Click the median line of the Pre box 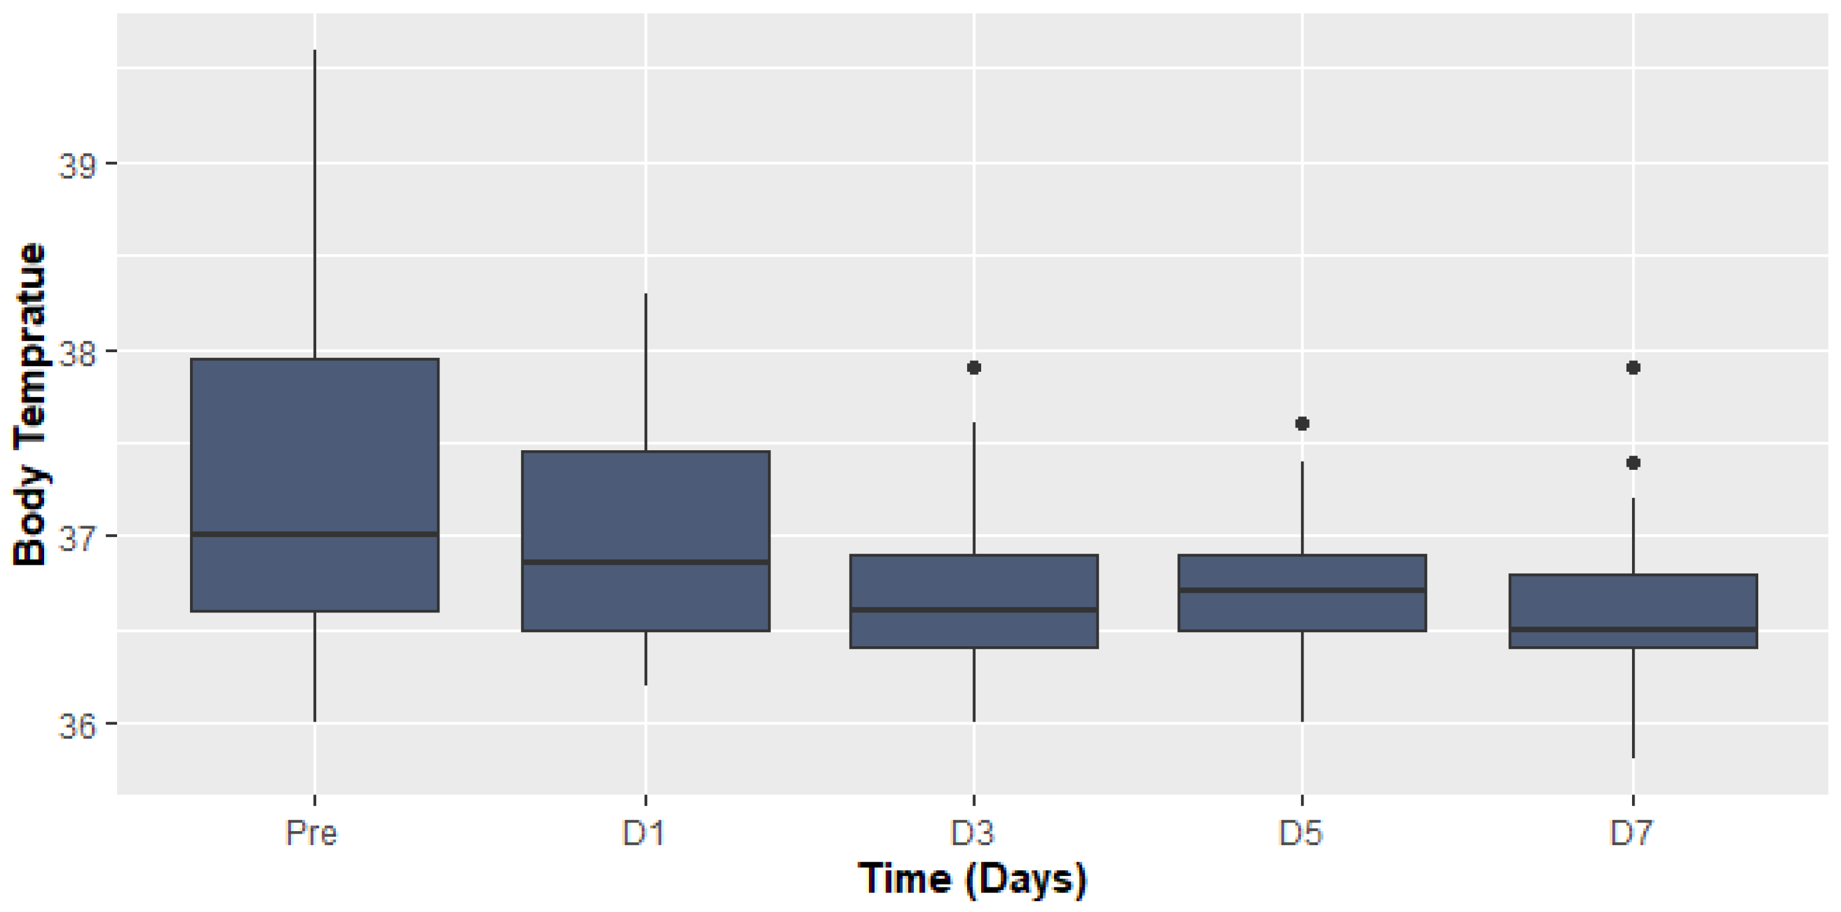pos(314,533)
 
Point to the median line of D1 pos(645,562)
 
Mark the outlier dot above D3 pos(973,367)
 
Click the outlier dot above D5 pos(1302,423)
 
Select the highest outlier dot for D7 pos(1633,367)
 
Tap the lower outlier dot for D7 pos(1633,463)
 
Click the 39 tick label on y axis pos(77,166)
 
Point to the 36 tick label pos(77,726)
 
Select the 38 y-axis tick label pos(77,353)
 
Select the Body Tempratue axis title pos(30,405)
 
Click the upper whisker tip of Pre pos(314,51)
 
